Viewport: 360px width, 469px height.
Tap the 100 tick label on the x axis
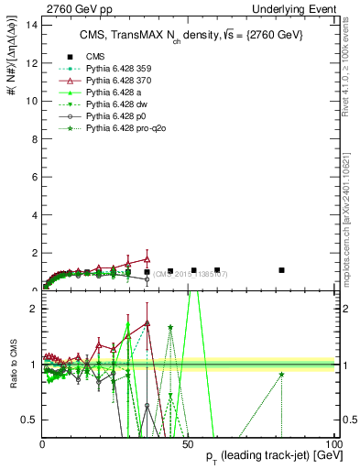[x=334, y=443]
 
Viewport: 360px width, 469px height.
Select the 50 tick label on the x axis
[x=188, y=443]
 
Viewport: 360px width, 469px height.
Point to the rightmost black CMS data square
[x=281, y=270]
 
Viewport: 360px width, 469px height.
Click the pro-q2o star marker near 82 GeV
[x=281, y=374]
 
